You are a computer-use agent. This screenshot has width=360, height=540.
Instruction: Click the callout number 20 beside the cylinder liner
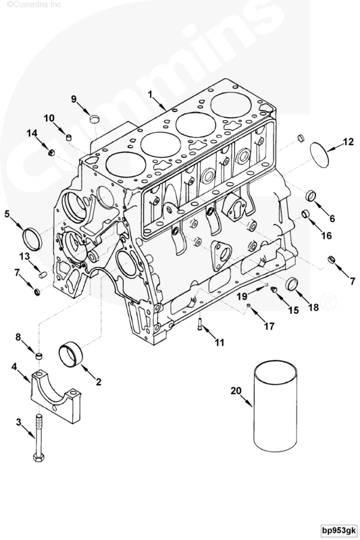235,390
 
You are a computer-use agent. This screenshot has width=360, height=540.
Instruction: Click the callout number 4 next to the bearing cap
14,367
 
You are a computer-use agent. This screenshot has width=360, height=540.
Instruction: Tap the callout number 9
74,99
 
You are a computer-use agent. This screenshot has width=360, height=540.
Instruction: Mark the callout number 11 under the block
219,344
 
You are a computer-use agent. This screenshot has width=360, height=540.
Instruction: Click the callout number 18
313,307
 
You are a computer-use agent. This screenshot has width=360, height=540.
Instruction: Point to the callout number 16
326,236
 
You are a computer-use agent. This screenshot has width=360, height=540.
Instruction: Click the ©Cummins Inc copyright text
26,6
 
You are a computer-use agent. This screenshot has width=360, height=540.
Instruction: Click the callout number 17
269,326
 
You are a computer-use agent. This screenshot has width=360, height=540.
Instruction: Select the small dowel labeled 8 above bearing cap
40,356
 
